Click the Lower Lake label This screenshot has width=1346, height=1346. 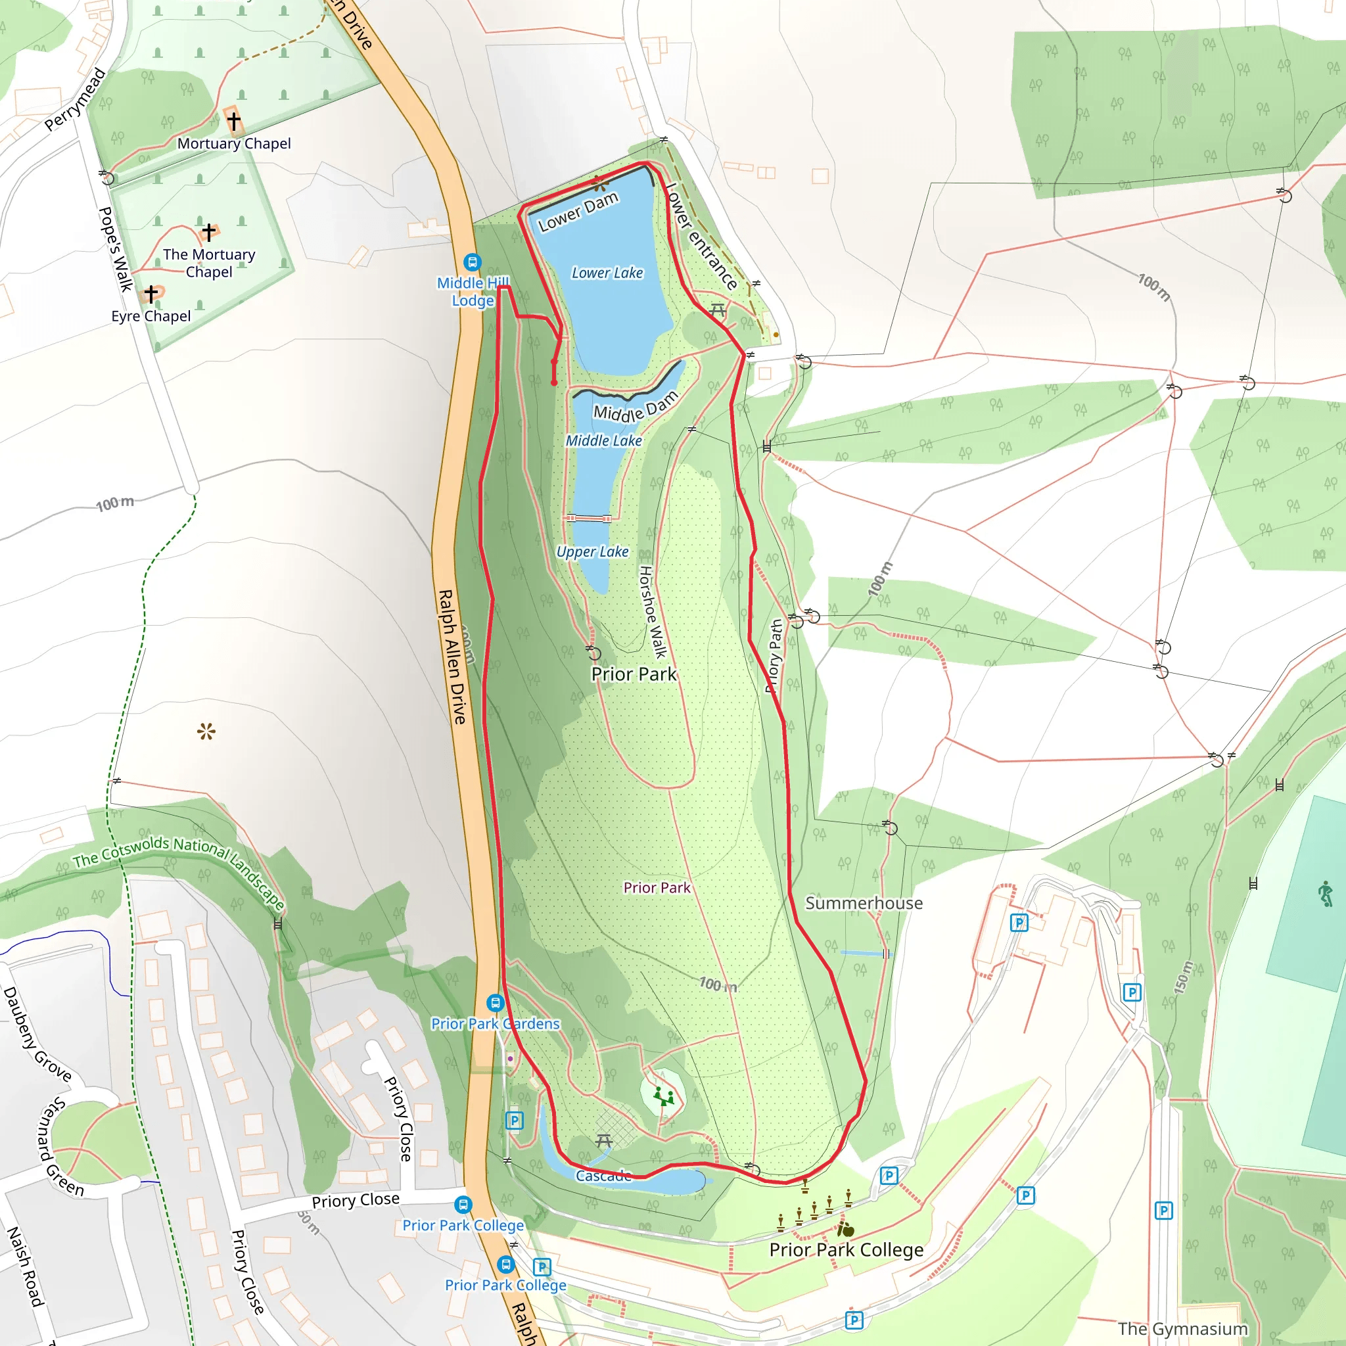[607, 273]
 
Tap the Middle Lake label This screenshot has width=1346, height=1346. [603, 441]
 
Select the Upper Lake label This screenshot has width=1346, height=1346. [592, 552]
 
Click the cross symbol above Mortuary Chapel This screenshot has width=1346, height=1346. [233, 121]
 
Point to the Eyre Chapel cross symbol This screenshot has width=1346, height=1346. [151, 294]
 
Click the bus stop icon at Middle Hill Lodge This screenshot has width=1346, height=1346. [473, 263]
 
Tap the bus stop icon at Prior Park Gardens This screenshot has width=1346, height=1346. [496, 1003]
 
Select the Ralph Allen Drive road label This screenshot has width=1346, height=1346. [452, 657]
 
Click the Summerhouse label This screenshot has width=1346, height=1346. [864, 903]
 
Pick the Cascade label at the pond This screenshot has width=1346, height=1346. [603, 1176]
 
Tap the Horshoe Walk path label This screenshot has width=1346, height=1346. [653, 612]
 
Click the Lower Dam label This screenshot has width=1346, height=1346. [578, 211]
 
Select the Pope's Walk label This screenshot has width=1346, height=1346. [116, 248]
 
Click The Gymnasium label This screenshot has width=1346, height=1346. [1182, 1328]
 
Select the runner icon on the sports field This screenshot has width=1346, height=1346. [1325, 894]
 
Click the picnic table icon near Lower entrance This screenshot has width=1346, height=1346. [718, 310]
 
